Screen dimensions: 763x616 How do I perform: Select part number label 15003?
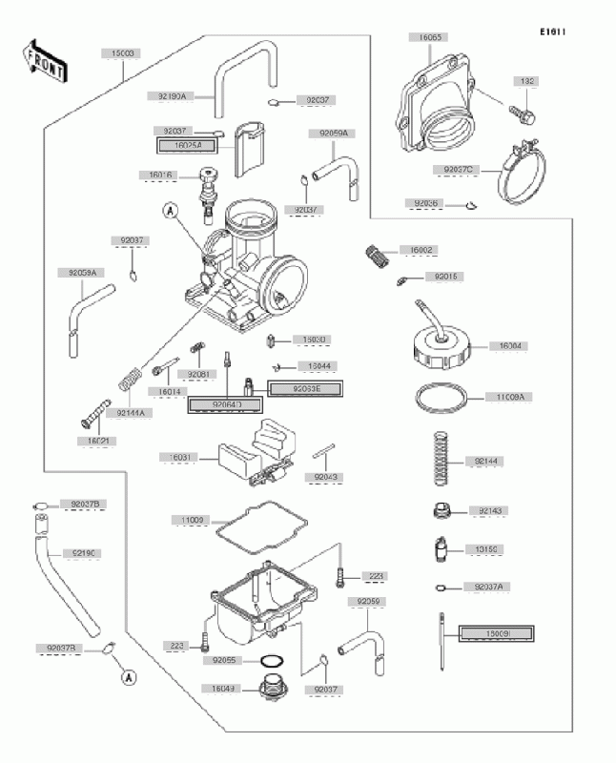(122, 54)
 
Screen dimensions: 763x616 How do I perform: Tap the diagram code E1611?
(552, 32)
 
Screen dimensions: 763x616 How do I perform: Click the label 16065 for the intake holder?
(432, 38)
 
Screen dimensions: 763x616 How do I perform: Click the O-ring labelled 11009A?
(443, 396)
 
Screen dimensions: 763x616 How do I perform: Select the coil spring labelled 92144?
(440, 462)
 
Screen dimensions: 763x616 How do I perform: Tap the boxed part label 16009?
(496, 632)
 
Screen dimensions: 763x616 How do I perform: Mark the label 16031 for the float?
(180, 458)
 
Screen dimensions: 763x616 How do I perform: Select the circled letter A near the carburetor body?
(169, 211)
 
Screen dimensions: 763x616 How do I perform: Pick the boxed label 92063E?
(301, 388)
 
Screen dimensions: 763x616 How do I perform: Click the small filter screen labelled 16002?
(379, 256)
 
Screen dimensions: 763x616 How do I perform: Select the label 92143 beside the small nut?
(490, 511)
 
